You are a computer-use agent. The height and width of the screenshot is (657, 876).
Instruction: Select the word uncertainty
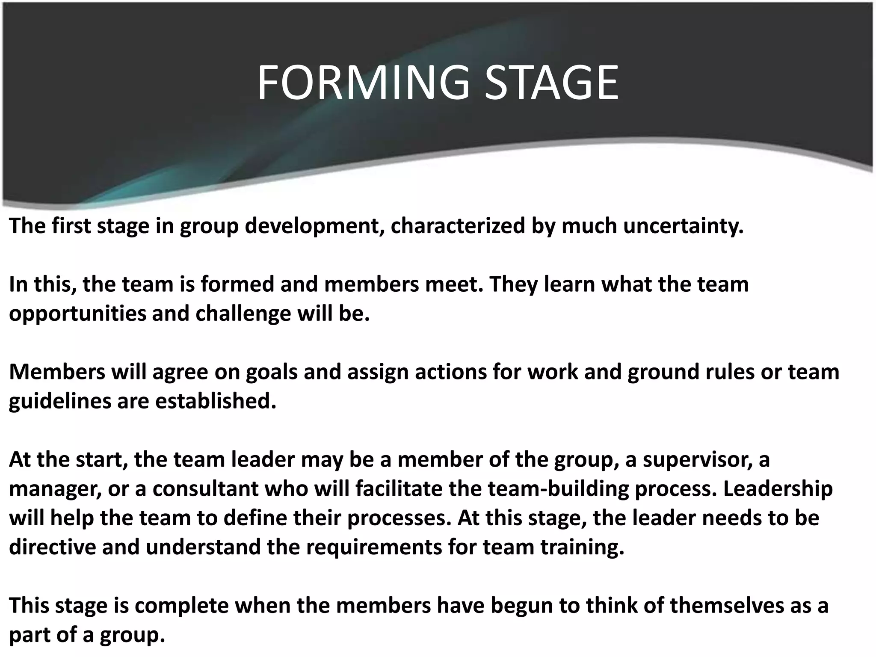point(683,226)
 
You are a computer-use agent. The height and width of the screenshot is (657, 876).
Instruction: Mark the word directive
point(53,547)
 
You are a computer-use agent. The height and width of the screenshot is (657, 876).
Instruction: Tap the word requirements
point(374,547)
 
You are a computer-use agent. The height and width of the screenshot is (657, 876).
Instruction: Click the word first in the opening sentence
point(71,226)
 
